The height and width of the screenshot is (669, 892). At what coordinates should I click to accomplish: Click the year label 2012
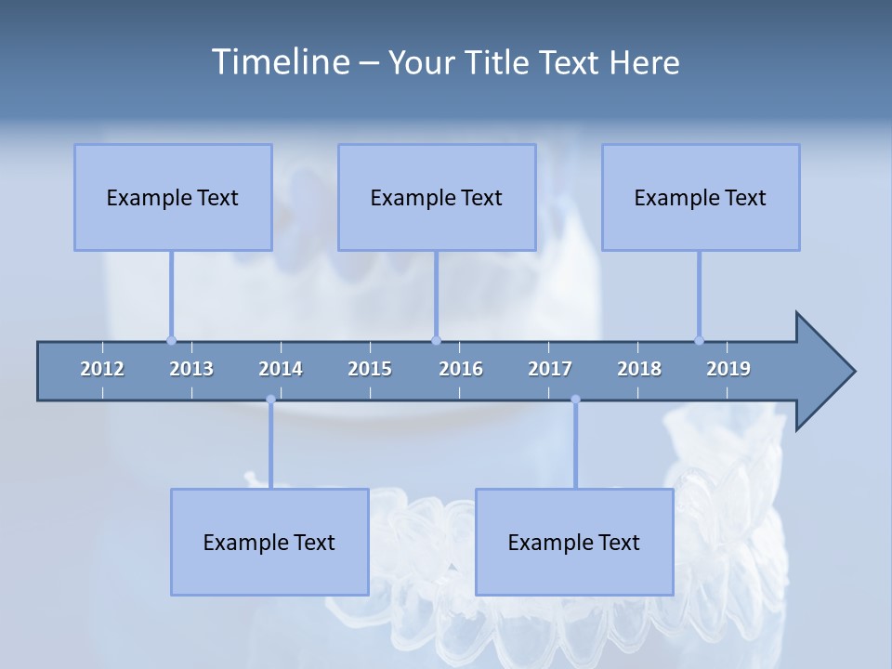[102, 369]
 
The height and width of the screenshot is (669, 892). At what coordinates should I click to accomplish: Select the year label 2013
[191, 369]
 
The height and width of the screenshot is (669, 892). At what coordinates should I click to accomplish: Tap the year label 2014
[281, 369]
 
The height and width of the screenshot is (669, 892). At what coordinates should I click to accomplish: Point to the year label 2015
[370, 369]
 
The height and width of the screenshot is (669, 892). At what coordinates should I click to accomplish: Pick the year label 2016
[461, 369]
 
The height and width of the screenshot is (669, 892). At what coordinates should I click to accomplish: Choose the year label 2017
[550, 369]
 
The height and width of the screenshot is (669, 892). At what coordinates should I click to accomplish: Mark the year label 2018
[639, 369]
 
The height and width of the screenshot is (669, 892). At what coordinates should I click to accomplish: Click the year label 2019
[728, 369]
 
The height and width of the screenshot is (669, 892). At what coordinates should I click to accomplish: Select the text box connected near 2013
[173, 197]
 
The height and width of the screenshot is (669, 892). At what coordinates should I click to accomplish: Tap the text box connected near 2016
[437, 197]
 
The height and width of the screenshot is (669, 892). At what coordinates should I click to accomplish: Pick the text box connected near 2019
[701, 197]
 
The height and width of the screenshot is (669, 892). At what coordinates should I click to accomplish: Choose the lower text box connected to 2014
[269, 542]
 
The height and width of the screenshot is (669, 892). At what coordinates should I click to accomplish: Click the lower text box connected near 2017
[574, 542]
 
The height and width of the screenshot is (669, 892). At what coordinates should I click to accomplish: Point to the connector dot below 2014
[270, 400]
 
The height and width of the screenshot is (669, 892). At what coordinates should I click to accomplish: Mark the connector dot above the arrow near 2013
[171, 340]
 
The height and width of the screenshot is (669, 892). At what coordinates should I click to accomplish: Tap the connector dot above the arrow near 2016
[436, 340]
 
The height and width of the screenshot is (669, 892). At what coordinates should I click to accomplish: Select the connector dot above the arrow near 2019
[699, 340]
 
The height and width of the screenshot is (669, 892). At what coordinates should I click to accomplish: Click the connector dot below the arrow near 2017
[575, 400]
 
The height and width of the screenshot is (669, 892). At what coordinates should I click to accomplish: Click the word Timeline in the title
[280, 61]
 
